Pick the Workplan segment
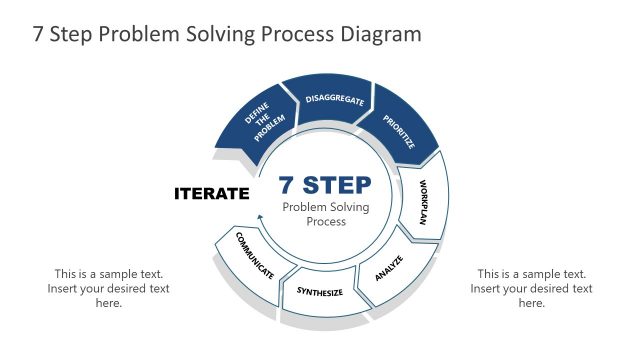[423, 203]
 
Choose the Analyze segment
[390, 268]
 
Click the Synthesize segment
[320, 293]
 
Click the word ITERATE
[211, 193]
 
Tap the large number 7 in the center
[288, 185]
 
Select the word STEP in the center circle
[337, 185]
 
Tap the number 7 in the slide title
[39, 34]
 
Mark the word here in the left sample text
[108, 303]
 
